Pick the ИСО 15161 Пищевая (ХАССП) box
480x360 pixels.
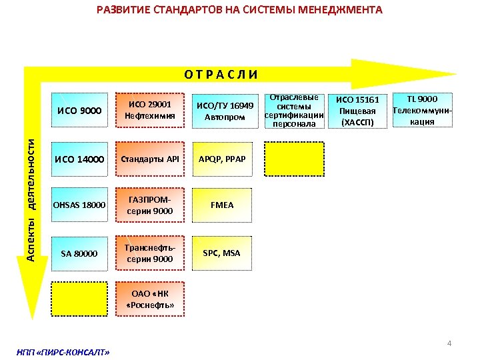click(x=358, y=111)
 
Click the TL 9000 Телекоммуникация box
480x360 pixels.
click(x=423, y=111)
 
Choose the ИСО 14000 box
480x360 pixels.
click(x=79, y=159)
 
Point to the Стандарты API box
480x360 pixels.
click(x=150, y=159)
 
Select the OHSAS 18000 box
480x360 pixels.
click(x=79, y=205)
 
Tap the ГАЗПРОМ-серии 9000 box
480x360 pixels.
click(x=150, y=205)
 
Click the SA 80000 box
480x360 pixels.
click(x=79, y=253)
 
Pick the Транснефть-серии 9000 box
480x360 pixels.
click(x=150, y=253)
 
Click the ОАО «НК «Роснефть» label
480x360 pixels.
click(x=150, y=299)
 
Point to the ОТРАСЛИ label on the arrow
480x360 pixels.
click(x=221, y=74)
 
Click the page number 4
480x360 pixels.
click(x=449, y=343)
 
